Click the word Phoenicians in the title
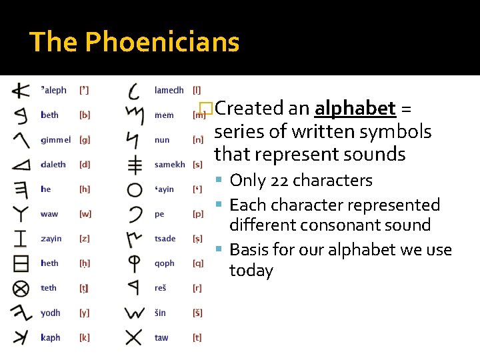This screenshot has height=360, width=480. click(x=162, y=42)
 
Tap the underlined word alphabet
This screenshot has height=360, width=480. click(x=355, y=108)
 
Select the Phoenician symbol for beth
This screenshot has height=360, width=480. click(x=21, y=115)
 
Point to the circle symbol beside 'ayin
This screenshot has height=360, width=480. click(x=135, y=190)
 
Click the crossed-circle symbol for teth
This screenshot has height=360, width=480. click(x=21, y=289)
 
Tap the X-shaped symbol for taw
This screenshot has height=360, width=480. click(x=134, y=337)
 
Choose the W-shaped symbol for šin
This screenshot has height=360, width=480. click(x=134, y=313)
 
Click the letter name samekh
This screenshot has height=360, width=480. click(x=169, y=165)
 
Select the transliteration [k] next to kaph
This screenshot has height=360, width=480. click(x=84, y=338)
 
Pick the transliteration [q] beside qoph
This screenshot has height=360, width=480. click(x=198, y=263)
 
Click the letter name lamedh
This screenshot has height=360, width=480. click(x=169, y=90)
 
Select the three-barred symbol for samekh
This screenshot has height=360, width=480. click(x=135, y=165)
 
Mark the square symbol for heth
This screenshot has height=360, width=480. click(x=21, y=263)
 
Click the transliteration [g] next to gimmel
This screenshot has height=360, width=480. click(x=85, y=140)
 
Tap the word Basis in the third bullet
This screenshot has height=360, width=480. click(x=249, y=250)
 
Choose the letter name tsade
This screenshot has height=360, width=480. click(x=165, y=239)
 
